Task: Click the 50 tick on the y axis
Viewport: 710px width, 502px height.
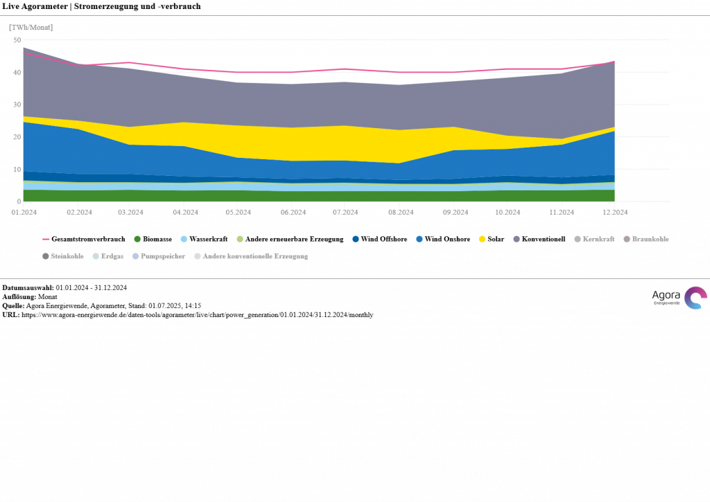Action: pos(17,40)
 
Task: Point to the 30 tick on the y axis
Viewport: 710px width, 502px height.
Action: pos(17,105)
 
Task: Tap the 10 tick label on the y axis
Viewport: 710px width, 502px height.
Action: pos(17,170)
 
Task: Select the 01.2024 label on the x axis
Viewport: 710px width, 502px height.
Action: pos(24,213)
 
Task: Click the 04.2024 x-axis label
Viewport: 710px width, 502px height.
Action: pos(185,213)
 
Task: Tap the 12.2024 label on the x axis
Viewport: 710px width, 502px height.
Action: pos(614,213)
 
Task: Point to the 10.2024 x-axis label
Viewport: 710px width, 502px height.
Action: pos(508,213)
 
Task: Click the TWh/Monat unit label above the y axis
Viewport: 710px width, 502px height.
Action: pos(31,27)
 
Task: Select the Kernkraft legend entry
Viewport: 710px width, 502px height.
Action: pos(598,239)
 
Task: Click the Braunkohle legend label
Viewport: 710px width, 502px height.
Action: pos(650,239)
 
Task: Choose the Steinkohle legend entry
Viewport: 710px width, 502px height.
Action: pos(67,256)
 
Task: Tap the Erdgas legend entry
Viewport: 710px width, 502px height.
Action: pos(112,256)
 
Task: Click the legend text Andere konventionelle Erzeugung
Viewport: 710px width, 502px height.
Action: pos(254,256)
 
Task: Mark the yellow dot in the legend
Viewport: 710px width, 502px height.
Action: pos(482,239)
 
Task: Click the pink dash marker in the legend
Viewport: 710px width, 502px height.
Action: pos(46,239)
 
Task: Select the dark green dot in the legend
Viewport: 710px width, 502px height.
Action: pos(137,239)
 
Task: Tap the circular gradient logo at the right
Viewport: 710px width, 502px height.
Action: pos(695,298)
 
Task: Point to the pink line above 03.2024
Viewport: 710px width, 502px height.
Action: pos(131,62)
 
